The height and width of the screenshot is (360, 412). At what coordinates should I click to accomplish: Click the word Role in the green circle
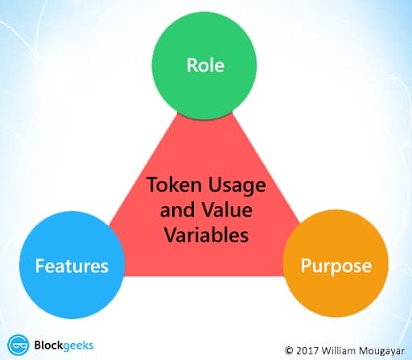[x=205, y=65]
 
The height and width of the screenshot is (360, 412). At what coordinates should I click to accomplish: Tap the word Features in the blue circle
[x=72, y=266]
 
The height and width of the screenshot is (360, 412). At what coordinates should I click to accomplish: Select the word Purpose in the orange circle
[x=336, y=267]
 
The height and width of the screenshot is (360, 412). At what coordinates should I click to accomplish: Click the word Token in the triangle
[x=175, y=184]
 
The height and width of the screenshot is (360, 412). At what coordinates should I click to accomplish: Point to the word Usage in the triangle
[x=237, y=186]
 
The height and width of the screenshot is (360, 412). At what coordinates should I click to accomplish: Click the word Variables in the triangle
[x=206, y=234]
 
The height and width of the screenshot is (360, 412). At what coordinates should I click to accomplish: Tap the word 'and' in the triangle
[x=177, y=209]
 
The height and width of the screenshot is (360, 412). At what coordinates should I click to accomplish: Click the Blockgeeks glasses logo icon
[x=19, y=345]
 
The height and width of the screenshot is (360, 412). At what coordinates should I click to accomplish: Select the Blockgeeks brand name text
[x=64, y=346]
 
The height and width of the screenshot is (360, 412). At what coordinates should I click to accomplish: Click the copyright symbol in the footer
[x=289, y=350]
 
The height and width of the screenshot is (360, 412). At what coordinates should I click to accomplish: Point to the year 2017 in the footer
[x=307, y=350]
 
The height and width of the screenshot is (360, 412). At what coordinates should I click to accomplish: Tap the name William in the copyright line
[x=339, y=350]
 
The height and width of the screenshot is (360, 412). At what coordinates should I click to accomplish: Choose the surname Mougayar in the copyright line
[x=381, y=351]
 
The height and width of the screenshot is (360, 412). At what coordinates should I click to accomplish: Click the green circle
[x=204, y=67]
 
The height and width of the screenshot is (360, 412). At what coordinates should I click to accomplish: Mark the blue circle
[x=72, y=265]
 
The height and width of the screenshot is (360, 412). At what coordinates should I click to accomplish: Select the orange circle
[x=336, y=263]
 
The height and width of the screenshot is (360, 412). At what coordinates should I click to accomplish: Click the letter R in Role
[x=192, y=65]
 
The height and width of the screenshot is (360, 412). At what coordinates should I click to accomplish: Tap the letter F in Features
[x=39, y=266]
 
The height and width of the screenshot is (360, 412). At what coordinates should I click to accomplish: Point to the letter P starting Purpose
[x=306, y=265]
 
